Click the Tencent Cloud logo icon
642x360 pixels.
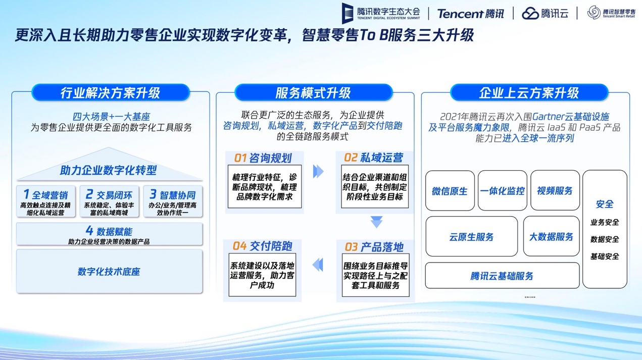coord(530,14)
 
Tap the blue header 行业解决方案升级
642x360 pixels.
coord(111,92)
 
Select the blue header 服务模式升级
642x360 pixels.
coord(313,92)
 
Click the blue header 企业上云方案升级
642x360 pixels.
coord(529,92)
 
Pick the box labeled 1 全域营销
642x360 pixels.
coord(46,201)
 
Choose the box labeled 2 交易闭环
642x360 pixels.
coord(109,201)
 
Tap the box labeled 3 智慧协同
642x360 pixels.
coord(173,201)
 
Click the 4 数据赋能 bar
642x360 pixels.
coord(109,234)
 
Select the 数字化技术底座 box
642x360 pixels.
coord(109,271)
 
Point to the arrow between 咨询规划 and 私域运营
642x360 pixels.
coord(318,172)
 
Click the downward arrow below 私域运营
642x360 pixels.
coord(376,222)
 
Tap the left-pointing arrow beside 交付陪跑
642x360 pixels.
coord(318,265)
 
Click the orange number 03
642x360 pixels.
coord(351,247)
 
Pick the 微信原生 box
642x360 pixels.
coord(450,191)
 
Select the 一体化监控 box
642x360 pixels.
coord(502,191)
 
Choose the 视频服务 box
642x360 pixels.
coord(555,191)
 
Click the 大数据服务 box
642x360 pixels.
coord(551,236)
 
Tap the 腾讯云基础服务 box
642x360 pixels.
coord(502,276)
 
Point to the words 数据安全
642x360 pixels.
coord(605,239)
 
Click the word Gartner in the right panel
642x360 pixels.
coord(548,117)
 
